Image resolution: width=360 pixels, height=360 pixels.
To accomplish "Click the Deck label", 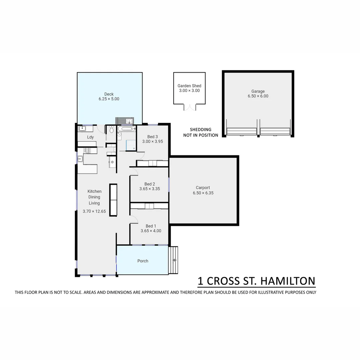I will (x=109, y=94).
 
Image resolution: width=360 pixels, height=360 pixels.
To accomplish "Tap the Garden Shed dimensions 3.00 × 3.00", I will (x=189, y=91).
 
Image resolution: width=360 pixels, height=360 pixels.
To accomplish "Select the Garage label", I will (x=258, y=91).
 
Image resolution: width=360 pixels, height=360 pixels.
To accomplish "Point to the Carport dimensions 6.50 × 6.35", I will (x=203, y=193).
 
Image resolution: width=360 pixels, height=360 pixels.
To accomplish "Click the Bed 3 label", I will (x=152, y=137).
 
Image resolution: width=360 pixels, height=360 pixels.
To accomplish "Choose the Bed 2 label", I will (x=150, y=184).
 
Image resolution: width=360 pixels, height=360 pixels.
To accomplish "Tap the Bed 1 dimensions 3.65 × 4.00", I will (x=151, y=231).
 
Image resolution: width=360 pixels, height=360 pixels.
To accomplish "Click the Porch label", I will (x=143, y=261).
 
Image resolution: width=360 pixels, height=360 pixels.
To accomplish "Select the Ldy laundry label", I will (x=90, y=137).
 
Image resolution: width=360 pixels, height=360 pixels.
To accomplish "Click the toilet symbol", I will (x=111, y=130).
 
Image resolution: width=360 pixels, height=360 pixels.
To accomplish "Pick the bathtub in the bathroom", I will (x=127, y=128).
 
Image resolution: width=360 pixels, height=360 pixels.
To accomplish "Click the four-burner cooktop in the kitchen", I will (x=87, y=150).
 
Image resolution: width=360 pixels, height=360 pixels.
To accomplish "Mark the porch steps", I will (x=173, y=260).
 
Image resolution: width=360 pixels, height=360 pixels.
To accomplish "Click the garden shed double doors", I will (x=189, y=107).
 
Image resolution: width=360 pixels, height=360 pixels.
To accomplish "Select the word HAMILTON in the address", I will (x=288, y=281).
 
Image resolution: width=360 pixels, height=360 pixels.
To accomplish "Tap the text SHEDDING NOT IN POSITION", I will (x=201, y=132).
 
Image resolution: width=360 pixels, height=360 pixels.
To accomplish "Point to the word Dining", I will (x=94, y=197).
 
